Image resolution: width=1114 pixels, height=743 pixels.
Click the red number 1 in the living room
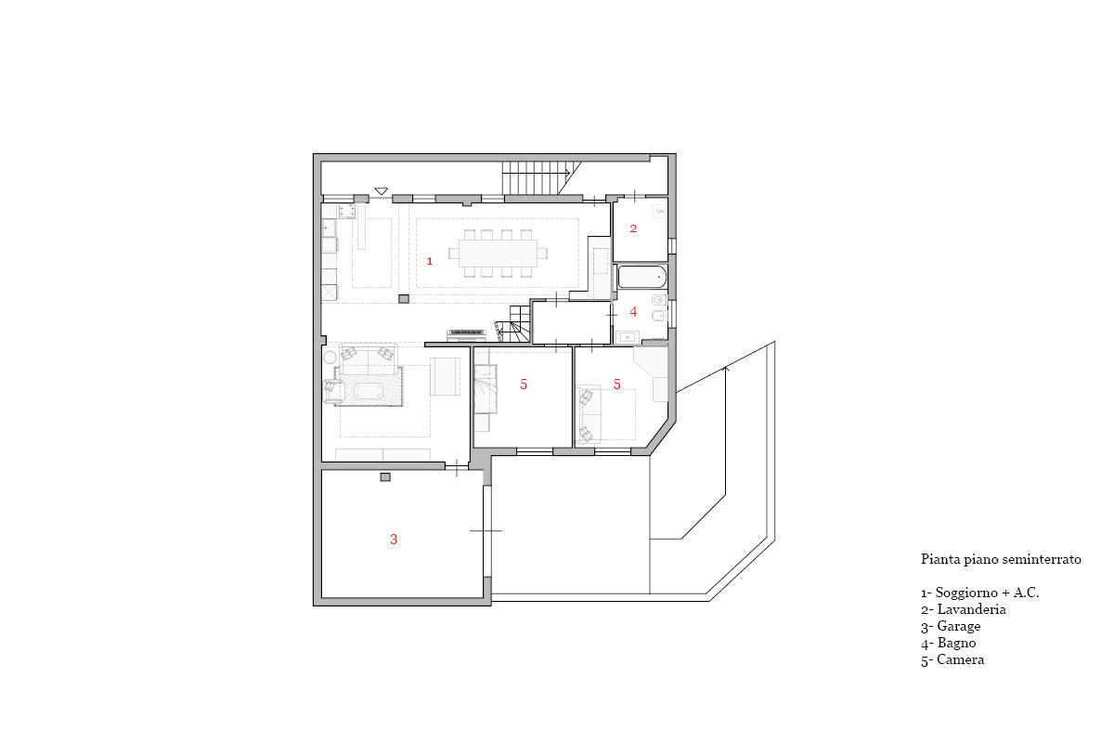point(430,261)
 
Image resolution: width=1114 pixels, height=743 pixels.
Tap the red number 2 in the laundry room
point(633,228)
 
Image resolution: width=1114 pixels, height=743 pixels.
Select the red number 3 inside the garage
point(394,539)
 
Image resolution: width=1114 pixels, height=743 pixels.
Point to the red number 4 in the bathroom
point(633,311)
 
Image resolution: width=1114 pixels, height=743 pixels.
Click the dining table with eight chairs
point(498,254)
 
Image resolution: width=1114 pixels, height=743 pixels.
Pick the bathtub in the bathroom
point(641,277)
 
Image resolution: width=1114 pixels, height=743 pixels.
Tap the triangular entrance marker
point(381,191)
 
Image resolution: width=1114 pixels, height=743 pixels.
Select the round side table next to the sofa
point(330,358)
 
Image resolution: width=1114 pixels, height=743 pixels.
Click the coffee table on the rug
point(369,391)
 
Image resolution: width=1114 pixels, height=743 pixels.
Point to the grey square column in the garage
point(385,477)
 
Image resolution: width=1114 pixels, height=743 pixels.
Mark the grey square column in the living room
point(404,299)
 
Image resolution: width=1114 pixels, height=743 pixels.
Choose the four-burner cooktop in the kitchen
point(347,211)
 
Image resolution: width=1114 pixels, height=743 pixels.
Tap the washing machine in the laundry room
point(660,211)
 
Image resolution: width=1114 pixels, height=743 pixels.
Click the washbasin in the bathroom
point(628,337)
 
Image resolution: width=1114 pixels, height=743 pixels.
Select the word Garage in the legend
point(959,626)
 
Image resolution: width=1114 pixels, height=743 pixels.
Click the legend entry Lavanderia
point(964,609)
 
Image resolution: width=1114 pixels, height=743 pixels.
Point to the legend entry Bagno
point(949,643)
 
